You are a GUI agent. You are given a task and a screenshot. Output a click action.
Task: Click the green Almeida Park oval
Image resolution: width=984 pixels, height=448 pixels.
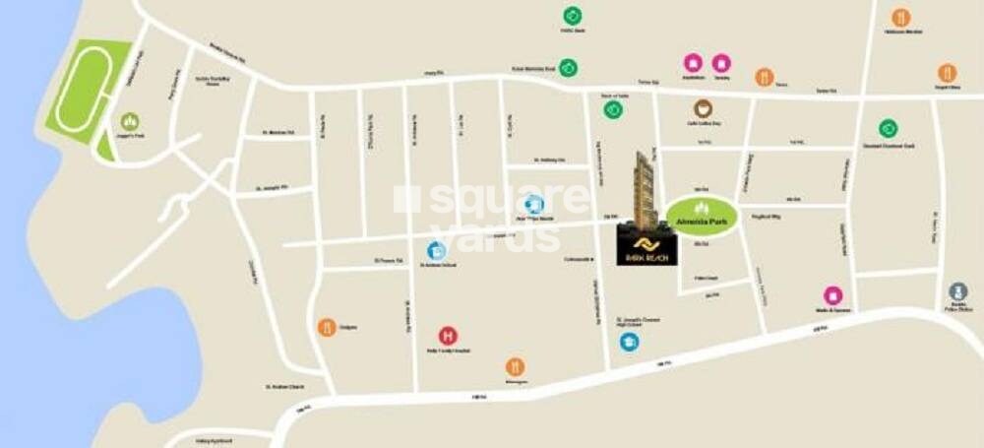(x=701, y=215)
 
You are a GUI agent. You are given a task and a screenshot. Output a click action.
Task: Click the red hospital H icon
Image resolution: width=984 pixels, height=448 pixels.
(x=448, y=336)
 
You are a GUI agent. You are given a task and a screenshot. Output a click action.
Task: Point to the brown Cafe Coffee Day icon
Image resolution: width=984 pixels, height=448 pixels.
(x=703, y=108)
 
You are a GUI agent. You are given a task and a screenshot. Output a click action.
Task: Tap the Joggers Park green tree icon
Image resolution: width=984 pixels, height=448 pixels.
(x=130, y=121)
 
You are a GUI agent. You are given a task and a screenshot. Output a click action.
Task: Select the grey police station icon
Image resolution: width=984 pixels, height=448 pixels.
(x=958, y=291)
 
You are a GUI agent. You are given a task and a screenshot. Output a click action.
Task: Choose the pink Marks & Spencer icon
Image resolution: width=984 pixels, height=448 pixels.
(x=832, y=295)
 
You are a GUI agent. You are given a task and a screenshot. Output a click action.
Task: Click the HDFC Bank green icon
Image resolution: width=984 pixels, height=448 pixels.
(x=573, y=16)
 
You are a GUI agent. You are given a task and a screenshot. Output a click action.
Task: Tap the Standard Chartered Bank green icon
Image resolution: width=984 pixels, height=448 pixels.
(x=888, y=128)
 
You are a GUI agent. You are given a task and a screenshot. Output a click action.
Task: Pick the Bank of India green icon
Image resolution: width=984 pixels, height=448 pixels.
(x=613, y=109)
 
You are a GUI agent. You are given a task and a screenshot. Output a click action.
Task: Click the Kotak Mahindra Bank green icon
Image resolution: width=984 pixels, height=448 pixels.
(x=568, y=68)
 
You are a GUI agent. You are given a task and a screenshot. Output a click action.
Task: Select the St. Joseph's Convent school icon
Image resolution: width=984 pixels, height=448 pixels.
(x=629, y=342)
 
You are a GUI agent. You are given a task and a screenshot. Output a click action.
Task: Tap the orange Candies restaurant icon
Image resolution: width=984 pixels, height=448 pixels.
(x=327, y=327)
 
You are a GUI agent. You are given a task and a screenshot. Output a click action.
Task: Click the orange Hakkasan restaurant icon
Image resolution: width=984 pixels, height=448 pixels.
(x=900, y=17)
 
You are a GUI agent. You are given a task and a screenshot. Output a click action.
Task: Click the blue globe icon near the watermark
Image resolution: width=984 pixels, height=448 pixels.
(x=534, y=205)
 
